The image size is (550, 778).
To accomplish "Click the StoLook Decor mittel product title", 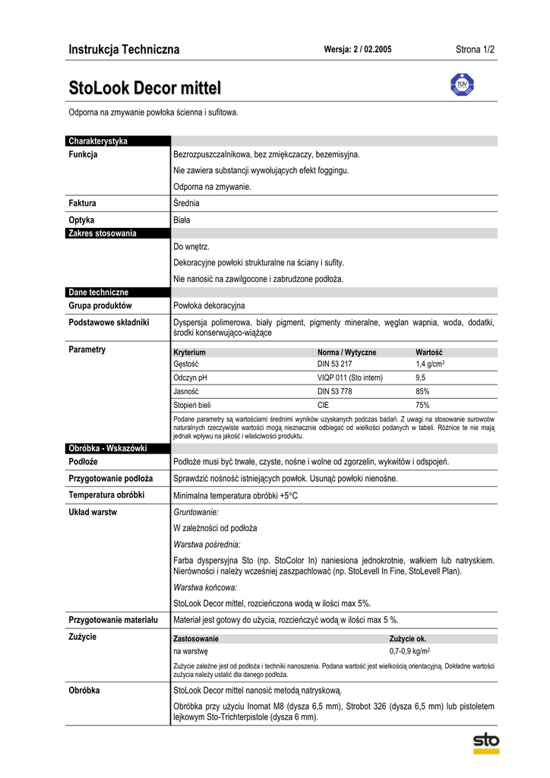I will point(144,87).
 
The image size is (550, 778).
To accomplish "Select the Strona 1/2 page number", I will point(475,50).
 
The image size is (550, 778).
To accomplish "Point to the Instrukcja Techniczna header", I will point(124,50).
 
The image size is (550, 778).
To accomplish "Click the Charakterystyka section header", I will point(98,141).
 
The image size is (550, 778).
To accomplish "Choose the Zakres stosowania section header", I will point(103,233).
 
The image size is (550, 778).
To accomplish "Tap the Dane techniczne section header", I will point(99,292).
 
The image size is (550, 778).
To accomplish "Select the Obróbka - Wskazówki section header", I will point(107,448).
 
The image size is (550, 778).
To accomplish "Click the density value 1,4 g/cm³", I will point(430,365).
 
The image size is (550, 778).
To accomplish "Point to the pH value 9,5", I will point(420,378).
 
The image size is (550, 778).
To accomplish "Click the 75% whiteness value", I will point(422,405).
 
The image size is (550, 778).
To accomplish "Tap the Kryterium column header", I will point(189,353).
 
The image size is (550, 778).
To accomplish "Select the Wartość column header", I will point(429,353).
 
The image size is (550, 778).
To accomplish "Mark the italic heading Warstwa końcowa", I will point(205,587).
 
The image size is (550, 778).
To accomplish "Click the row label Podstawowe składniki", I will point(109,322).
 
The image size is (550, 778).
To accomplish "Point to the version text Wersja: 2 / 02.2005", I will point(358,50).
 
